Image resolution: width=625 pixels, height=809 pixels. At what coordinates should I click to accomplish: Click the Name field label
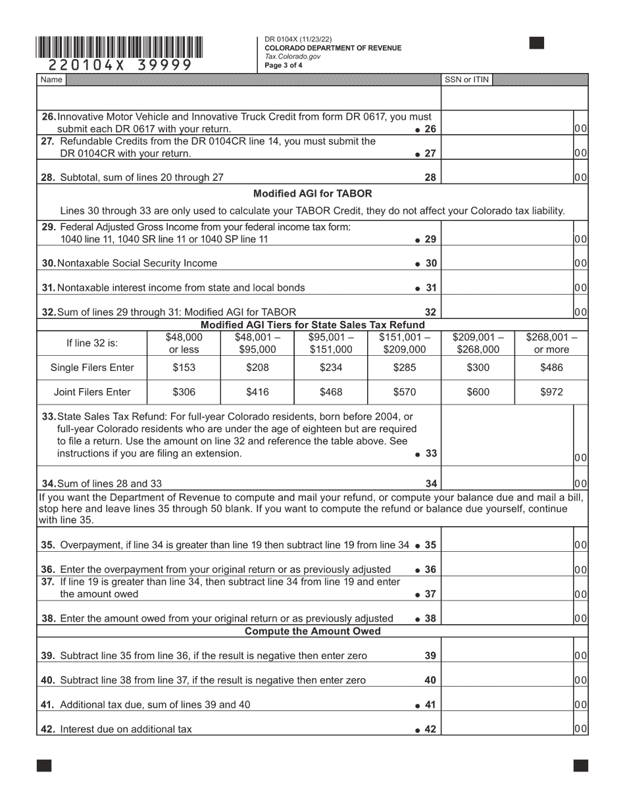51,80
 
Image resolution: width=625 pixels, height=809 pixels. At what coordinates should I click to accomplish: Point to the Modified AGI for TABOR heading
312,193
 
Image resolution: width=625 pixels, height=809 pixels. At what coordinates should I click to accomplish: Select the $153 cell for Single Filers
184,368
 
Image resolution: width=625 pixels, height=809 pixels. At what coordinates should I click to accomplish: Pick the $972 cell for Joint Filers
551,392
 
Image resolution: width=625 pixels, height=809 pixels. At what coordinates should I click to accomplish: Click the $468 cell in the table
330,392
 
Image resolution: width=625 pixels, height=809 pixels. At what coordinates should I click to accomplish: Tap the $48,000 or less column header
184,343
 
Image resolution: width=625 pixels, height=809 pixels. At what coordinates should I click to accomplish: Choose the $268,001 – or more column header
551,343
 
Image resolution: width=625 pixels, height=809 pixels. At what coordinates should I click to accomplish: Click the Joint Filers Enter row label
92,392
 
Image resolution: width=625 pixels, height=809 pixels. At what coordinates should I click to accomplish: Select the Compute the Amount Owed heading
312,631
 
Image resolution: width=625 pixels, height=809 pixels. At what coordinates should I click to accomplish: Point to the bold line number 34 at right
431,484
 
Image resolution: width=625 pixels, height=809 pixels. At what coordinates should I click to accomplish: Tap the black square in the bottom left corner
44,765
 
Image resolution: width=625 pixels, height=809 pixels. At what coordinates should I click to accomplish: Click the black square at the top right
537,43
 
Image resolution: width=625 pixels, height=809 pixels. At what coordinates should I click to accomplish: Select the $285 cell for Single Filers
404,368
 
